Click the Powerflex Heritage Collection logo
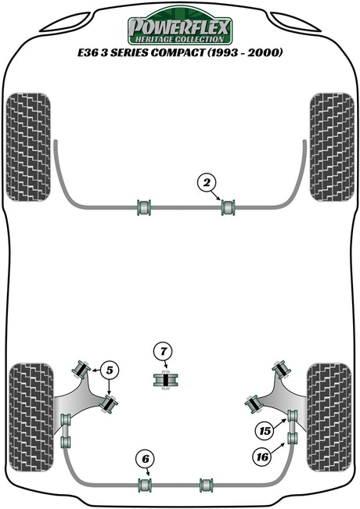coord(180,27)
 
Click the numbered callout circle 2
coord(207,183)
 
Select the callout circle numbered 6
coord(146,459)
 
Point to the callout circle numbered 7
coord(164,351)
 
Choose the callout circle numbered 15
coord(265,431)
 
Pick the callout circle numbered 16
coord(262,457)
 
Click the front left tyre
coord(29,147)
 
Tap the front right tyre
coord(332,147)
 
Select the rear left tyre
coord(31,418)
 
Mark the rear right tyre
coord(329,418)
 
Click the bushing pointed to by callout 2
coord(228,207)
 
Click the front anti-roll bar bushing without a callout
coord(144,207)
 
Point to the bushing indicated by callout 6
coord(145,485)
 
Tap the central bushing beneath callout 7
coord(166,380)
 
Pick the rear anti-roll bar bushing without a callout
coord(207,485)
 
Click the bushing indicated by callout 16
coord(293,438)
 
